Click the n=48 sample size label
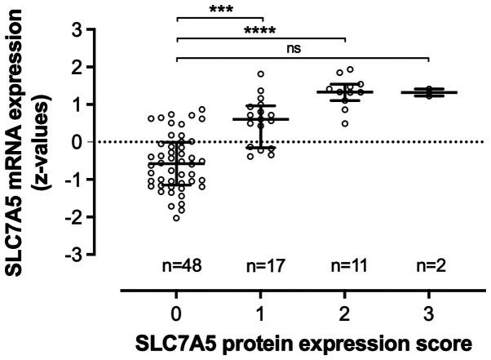click(176, 265)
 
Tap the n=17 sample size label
click(260, 265)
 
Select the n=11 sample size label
click(344, 265)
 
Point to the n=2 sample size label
click(428, 265)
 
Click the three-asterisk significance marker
click(219, 11)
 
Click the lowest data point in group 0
click(176, 218)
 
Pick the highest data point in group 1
click(261, 74)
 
